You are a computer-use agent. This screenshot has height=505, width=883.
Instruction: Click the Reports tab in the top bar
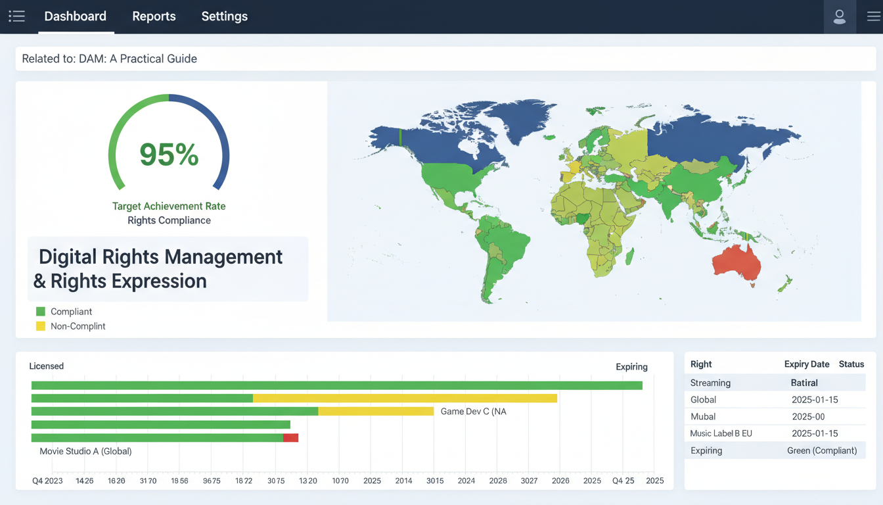point(154,16)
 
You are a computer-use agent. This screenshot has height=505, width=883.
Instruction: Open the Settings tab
point(224,16)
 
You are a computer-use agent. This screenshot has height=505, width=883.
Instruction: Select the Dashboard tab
point(75,16)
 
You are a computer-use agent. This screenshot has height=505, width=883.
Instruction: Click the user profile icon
point(839,17)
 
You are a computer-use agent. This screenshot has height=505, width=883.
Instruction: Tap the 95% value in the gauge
point(169,155)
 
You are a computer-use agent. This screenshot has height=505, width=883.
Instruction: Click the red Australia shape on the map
point(737,264)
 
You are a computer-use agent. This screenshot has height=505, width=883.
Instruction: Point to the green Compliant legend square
point(41,312)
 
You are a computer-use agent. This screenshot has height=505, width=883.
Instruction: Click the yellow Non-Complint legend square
point(41,326)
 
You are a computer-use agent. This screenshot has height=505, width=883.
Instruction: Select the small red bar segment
point(290,438)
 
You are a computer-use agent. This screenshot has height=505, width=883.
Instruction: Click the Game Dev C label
point(473,412)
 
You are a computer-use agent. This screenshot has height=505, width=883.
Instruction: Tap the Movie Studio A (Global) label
point(85,451)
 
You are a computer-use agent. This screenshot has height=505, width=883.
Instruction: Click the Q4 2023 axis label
point(47,481)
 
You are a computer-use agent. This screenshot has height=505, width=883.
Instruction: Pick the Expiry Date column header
point(807,364)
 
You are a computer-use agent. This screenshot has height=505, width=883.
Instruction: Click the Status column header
point(851,364)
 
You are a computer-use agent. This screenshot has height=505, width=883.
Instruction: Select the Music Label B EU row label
point(721,433)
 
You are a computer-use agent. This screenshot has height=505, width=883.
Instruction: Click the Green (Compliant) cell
point(822,450)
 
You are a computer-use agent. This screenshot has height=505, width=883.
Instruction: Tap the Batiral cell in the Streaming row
point(804,383)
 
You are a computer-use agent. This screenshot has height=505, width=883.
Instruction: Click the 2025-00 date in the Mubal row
point(808,416)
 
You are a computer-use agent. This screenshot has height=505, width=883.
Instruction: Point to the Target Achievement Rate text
point(169,206)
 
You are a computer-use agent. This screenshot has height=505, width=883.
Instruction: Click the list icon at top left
point(16,16)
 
